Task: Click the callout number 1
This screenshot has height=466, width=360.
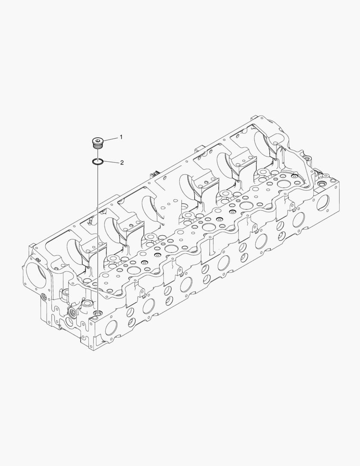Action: click(x=121, y=137)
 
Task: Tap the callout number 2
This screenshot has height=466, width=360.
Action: click(x=122, y=163)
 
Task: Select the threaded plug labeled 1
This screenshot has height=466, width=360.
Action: click(x=98, y=143)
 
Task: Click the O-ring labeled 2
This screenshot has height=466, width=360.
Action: click(x=98, y=161)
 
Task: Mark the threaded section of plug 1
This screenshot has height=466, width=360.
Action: click(x=98, y=147)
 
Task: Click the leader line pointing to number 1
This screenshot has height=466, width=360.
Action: click(x=110, y=138)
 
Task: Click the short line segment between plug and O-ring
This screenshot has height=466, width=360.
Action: click(x=98, y=154)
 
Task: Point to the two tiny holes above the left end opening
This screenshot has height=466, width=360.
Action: click(x=38, y=260)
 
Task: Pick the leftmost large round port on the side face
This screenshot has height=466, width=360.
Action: click(x=111, y=328)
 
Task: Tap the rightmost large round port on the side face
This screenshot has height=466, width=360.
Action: click(x=323, y=202)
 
